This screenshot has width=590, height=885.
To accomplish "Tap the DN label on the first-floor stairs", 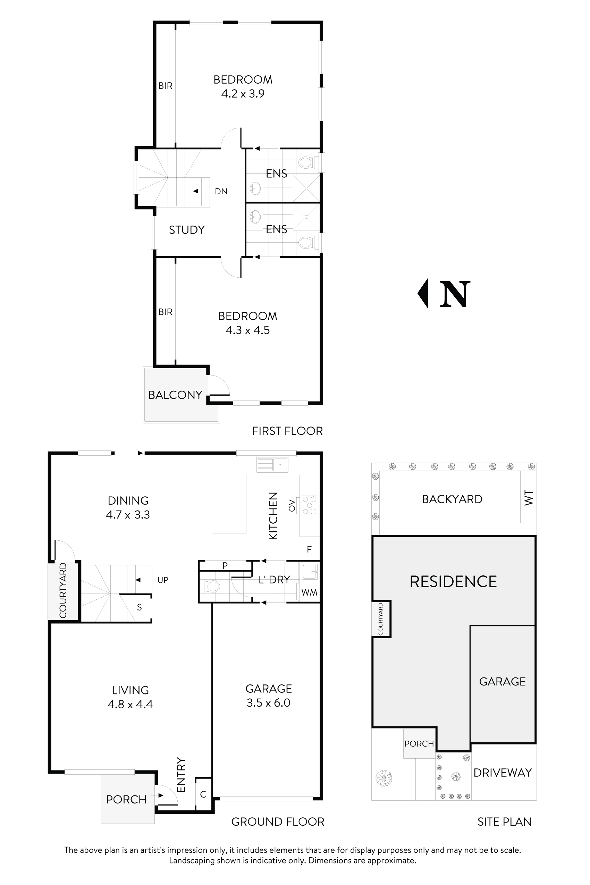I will (221, 191).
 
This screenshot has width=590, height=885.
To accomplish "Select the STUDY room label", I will (187, 229).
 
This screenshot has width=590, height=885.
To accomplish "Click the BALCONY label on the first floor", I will (175, 395).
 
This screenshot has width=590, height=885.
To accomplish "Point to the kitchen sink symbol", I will (272, 465).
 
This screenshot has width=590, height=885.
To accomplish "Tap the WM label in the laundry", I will (309, 593).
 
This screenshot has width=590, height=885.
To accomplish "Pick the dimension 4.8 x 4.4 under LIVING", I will (130, 704).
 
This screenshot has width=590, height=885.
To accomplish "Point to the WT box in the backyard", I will (528, 497).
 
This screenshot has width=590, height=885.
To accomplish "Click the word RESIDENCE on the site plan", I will (453, 581).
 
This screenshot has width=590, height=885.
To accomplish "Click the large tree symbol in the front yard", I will (384, 778).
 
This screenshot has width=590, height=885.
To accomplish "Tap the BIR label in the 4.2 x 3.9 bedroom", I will (165, 86).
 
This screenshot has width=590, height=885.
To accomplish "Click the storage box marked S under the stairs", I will (139, 607).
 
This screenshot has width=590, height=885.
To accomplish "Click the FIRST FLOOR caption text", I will (287, 431).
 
